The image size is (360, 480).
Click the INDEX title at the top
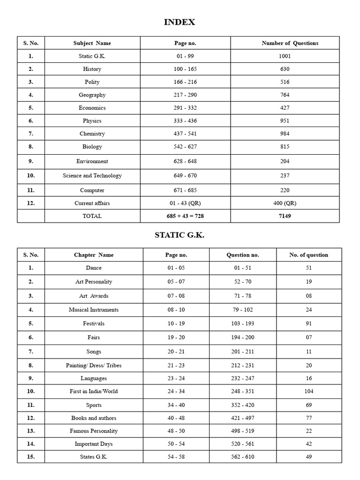pyautogui.click(x=180, y=22)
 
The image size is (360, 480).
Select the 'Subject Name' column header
pyautogui.click(x=92, y=43)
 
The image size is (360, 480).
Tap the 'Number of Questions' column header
pyautogui.click(x=290, y=43)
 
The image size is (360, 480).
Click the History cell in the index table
pyautogui.click(x=92, y=69)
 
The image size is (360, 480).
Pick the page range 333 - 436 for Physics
pyautogui.click(x=185, y=120)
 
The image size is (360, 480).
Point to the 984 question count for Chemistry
pyautogui.click(x=285, y=134)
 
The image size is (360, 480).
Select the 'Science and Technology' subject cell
pyautogui.click(x=92, y=176)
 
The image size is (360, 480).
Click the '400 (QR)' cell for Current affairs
pyautogui.click(x=285, y=203)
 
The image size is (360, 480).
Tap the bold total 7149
pyautogui.click(x=285, y=216)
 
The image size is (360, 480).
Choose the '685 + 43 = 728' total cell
pyautogui.click(x=185, y=216)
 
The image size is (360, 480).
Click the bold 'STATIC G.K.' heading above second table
pyautogui.click(x=180, y=235)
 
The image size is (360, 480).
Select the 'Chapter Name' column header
pyautogui.click(x=94, y=255)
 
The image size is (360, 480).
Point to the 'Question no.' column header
pyautogui.click(x=242, y=255)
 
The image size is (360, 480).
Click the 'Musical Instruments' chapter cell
pyautogui.click(x=94, y=310)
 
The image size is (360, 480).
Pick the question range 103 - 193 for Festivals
pyautogui.click(x=242, y=323)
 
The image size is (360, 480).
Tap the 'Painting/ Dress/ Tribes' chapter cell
pyautogui.click(x=94, y=365)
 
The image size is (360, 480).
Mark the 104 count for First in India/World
pyautogui.click(x=308, y=391)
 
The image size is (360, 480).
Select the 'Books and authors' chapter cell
pyautogui.click(x=94, y=418)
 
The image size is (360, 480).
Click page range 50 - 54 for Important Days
pyautogui.click(x=176, y=444)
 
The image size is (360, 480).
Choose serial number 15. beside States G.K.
pyautogui.click(x=31, y=457)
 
